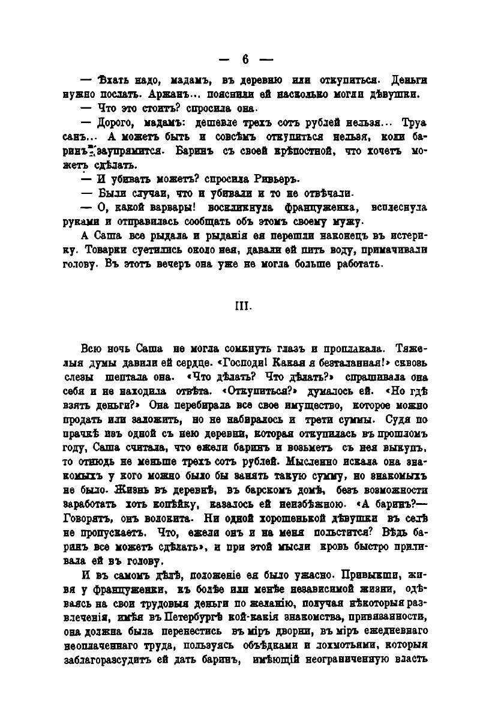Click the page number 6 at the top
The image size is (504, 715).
(x=245, y=59)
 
